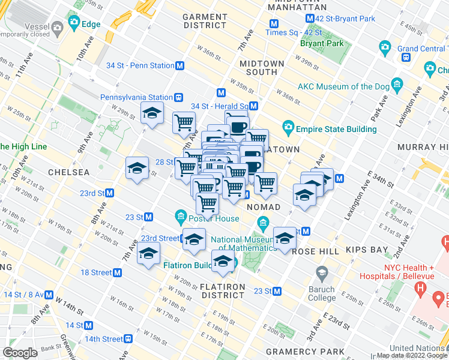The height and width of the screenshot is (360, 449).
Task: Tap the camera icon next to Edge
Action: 74,25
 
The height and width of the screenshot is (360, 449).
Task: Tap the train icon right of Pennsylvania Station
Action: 178,97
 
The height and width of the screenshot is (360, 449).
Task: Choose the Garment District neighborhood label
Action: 204,21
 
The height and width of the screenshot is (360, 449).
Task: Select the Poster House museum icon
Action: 181,216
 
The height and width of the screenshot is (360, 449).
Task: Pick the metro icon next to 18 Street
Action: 118,272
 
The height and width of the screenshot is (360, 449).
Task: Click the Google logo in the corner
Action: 20,353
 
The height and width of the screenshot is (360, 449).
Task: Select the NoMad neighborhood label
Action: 264,207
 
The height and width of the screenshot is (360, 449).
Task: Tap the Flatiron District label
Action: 223,291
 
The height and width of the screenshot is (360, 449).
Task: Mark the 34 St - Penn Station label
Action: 139,65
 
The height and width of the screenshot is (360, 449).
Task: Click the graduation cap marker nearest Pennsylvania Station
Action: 152,113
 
